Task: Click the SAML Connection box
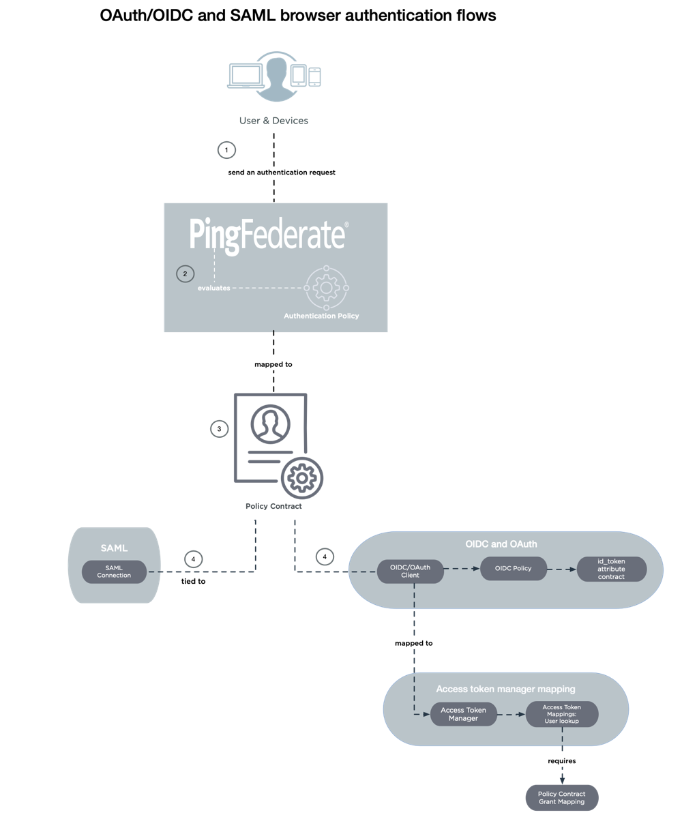pos(114,571)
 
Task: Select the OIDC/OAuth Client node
pos(410,571)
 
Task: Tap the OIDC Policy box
pos(513,568)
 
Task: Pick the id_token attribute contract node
pos(611,569)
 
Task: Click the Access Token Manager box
pos(463,714)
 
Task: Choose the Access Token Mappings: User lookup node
pos(562,714)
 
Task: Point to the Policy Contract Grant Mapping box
pos(561,798)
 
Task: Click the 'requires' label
pos(561,760)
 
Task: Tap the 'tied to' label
pos(194,582)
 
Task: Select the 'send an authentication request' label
pos(282,173)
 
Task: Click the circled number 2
pos(184,273)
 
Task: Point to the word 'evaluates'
pos(214,288)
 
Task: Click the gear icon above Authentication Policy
pos(326,288)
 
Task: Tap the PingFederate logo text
pos(268,236)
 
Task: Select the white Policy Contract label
pos(273,506)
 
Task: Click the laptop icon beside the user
pos(245,76)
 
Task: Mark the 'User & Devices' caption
pos(273,121)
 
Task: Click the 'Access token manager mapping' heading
pos(505,689)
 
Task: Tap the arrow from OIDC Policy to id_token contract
pos(561,569)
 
